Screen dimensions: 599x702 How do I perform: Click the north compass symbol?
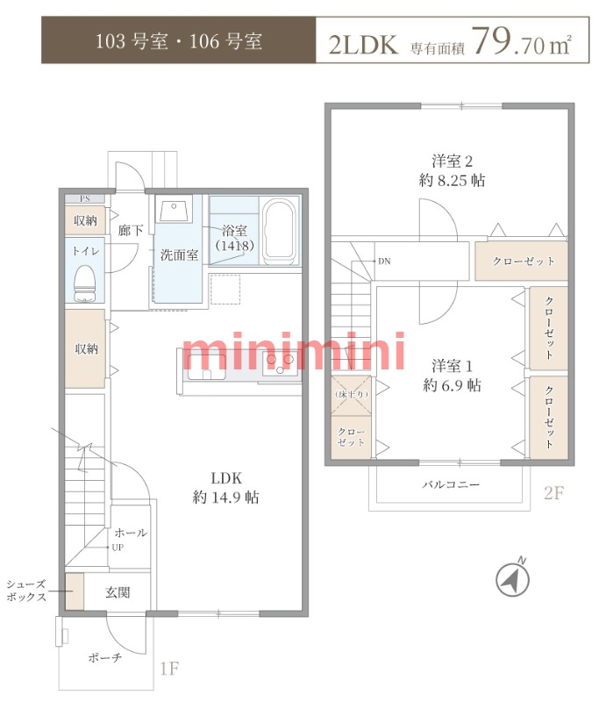[513, 579]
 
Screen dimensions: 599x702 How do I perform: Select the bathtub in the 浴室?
[280, 232]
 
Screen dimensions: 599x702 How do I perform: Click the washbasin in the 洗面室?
[174, 209]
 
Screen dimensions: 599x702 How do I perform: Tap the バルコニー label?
[451, 484]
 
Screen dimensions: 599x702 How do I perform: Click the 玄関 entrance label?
[118, 592]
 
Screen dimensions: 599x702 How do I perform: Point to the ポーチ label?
[104, 657]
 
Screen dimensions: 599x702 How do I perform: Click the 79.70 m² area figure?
[521, 41]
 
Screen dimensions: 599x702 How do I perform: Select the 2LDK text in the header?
[363, 45]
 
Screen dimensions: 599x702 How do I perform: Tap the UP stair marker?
[118, 547]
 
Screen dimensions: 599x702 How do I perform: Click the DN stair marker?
[384, 261]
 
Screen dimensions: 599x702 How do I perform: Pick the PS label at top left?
[84, 199]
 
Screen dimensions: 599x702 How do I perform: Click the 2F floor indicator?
[553, 493]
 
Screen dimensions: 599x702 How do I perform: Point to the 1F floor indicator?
[169, 669]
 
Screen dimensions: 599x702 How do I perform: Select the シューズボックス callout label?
[26, 591]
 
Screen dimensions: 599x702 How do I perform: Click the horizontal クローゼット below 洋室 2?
[521, 261]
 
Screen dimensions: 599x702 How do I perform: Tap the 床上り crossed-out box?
[351, 396]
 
